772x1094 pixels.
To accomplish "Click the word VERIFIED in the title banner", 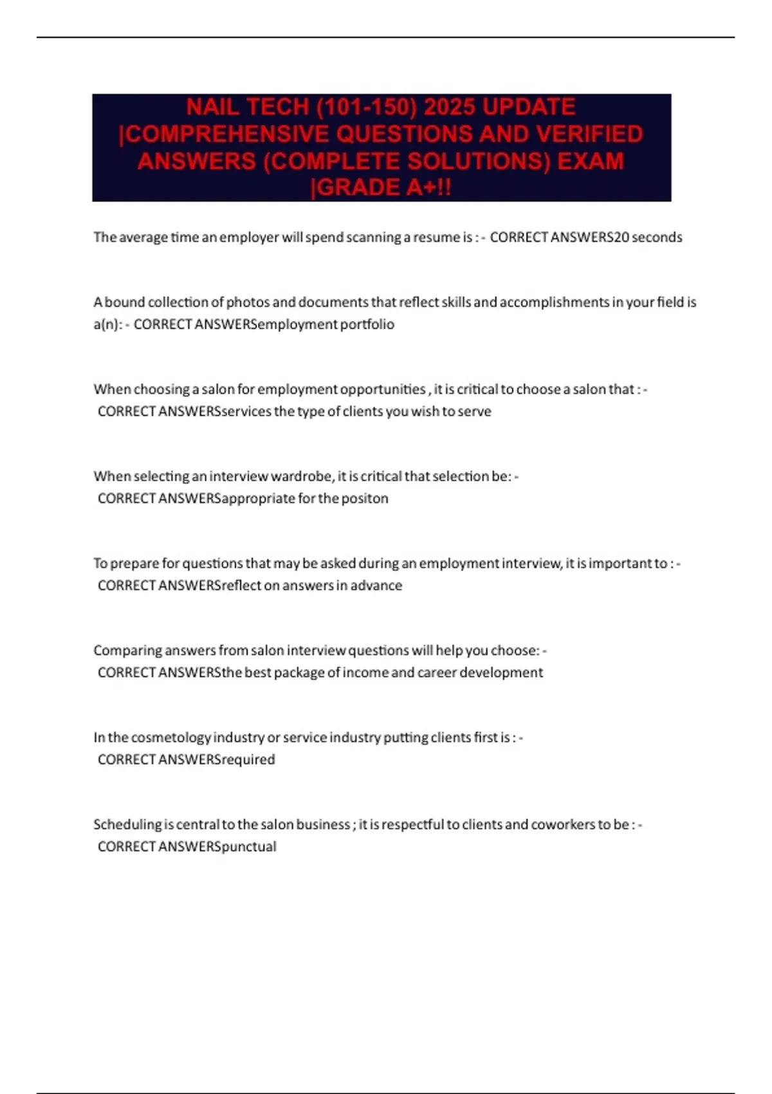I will tap(589, 134).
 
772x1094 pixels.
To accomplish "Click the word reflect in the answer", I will tap(242, 586).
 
